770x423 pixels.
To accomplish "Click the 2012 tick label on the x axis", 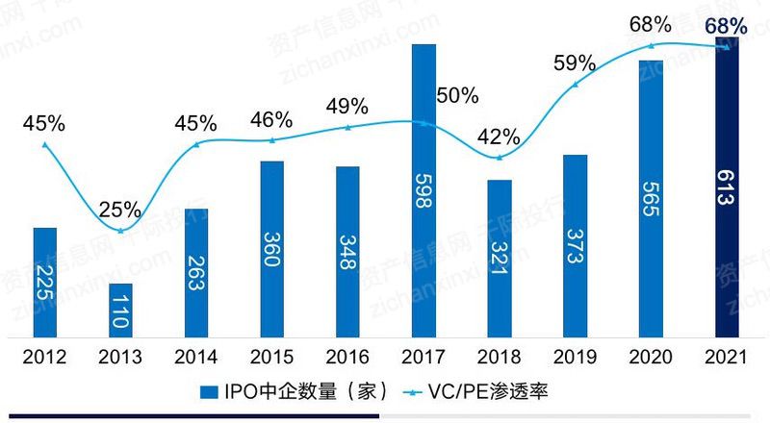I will coord(44,358).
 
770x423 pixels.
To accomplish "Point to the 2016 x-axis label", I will coord(347,358).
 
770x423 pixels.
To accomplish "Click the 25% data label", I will coord(121,209).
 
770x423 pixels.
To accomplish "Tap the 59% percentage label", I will coord(575,64).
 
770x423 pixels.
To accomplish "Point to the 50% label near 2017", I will coord(457,95).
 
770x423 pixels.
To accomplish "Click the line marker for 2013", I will coord(120,231).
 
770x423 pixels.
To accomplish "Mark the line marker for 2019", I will coord(576,85).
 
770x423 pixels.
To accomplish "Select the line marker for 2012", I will coord(44,144).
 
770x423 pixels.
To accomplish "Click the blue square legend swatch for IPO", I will coord(208,391).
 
